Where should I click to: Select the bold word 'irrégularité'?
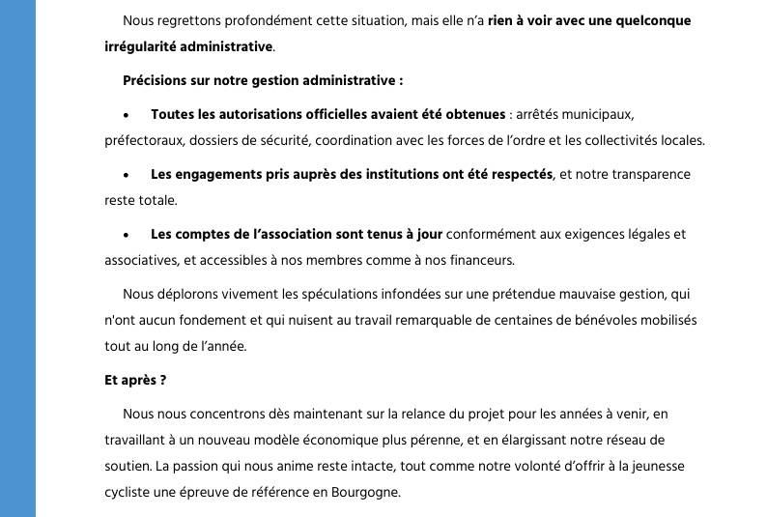click(143, 46)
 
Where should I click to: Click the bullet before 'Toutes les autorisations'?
click(127, 115)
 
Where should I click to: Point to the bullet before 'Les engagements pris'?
click(127, 175)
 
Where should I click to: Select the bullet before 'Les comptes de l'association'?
click(127, 235)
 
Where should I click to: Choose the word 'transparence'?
click(646, 175)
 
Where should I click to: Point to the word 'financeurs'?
click(479, 260)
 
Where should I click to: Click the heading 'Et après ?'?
click(135, 380)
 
